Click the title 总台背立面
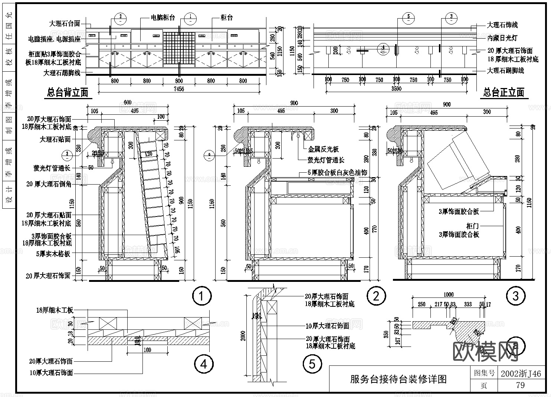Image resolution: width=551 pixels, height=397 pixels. point(68,93)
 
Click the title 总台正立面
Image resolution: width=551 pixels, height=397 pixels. point(504,93)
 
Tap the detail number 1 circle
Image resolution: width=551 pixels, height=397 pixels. point(202,296)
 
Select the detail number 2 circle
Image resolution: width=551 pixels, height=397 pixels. point(376,296)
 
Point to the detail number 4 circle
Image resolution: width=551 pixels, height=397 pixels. point(204,364)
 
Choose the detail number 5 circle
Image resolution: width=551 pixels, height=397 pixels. point(312,364)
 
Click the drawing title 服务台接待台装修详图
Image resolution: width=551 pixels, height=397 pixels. point(399,379)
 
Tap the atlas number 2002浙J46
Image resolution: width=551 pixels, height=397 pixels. point(521,374)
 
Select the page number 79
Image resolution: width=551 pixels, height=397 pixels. point(520,385)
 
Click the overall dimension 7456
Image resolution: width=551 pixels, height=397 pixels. point(179,89)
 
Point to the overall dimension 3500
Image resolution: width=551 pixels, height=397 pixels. point(396,89)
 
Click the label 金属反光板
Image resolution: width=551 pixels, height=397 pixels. point(323,149)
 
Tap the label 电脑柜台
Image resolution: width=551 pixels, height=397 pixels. point(163,18)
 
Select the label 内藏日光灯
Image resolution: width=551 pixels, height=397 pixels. point(502,38)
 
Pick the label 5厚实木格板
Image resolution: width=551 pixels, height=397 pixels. point(53,254)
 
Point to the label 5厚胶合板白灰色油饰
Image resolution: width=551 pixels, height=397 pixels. point(337,173)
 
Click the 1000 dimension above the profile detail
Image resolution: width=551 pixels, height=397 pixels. point(448,295)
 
